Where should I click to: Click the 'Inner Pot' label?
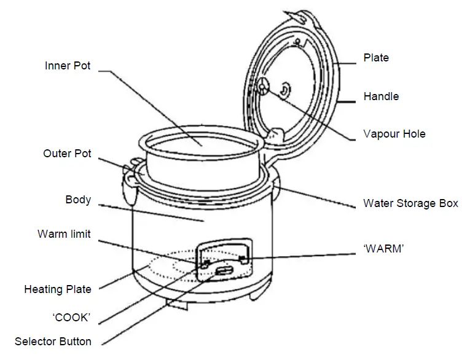tap(68, 65)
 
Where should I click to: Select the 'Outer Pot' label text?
tap(67, 154)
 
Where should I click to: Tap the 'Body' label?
tap(78, 200)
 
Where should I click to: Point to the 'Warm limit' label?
tap(64, 234)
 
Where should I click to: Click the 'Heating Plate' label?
tap(58, 289)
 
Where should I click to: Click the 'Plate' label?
tap(376, 58)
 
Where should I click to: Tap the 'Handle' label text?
tap(381, 96)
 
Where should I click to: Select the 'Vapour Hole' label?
tap(394, 134)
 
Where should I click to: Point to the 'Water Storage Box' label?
tap(410, 203)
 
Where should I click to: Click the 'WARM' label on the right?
tap(383, 249)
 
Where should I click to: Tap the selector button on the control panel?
tap(224, 270)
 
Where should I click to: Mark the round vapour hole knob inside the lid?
tap(263, 87)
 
